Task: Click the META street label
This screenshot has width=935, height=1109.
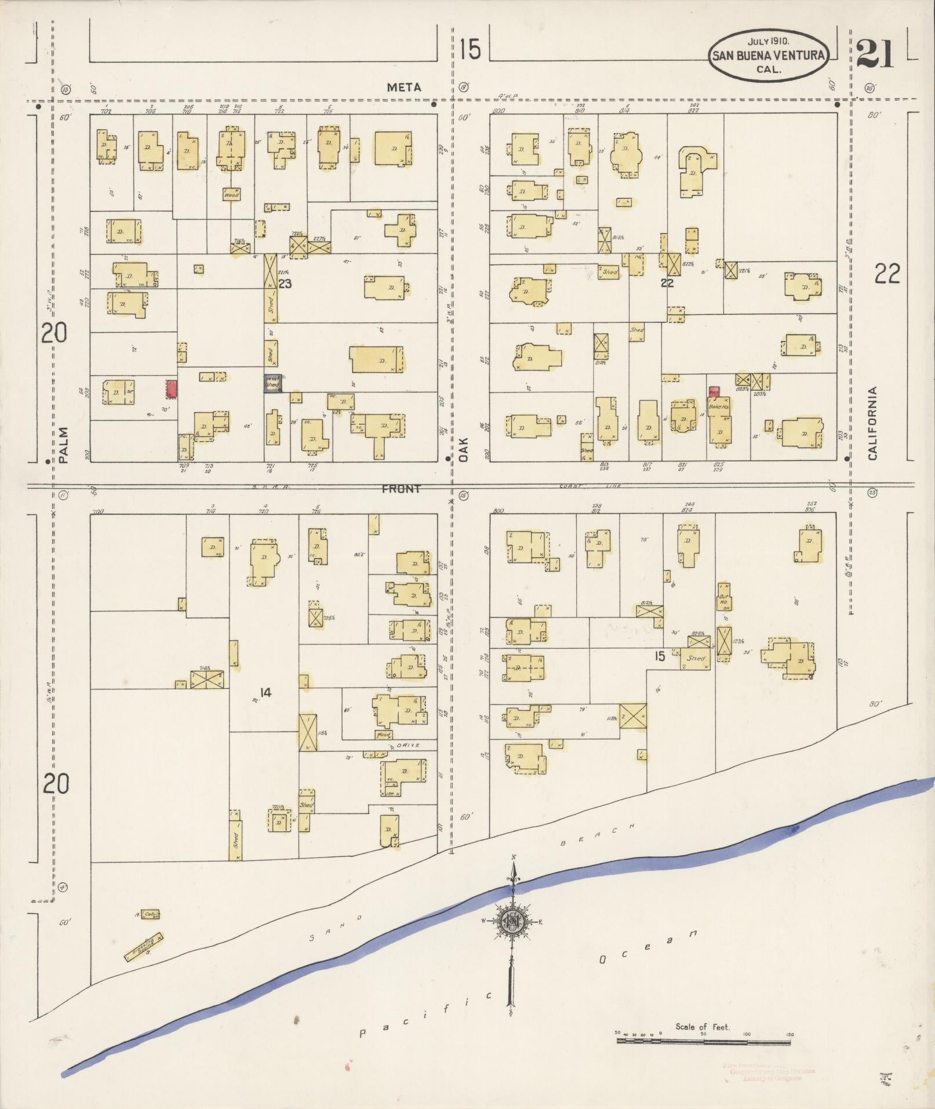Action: [x=404, y=87]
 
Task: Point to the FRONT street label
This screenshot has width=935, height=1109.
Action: [x=401, y=489]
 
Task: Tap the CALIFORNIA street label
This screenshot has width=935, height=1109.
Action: [x=872, y=423]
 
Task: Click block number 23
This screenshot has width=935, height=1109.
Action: [x=285, y=284]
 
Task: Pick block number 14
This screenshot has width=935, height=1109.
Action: [x=265, y=692]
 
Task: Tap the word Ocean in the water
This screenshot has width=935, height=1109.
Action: [x=646, y=946]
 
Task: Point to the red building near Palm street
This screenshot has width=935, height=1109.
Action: [x=172, y=389]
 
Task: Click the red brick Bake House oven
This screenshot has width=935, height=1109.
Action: [x=714, y=391]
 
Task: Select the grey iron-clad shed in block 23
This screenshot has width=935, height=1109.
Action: [x=272, y=384]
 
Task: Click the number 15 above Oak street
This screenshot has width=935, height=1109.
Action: [x=470, y=50]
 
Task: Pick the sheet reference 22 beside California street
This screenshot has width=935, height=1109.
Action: [x=887, y=274]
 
